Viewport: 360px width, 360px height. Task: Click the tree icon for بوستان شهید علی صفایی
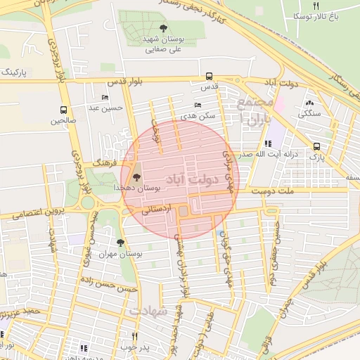pyautogui.click(x=163, y=28)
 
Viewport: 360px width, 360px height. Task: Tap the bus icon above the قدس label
pyautogui.click(x=209, y=77)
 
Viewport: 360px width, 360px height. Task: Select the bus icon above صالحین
pyautogui.click(x=64, y=110)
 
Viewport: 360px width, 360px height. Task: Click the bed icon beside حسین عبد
pyautogui.click(x=105, y=98)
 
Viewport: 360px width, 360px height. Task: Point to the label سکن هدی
pyautogui.click(x=197, y=115)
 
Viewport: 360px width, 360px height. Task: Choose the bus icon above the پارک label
pyautogui.click(x=316, y=147)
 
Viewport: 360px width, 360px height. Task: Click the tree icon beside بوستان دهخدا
pyautogui.click(x=136, y=178)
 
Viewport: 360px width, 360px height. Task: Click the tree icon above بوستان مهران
pyautogui.click(x=120, y=243)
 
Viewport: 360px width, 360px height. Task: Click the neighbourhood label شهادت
pyautogui.click(x=149, y=310)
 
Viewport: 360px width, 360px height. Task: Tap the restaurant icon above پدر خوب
pyautogui.click(x=134, y=336)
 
